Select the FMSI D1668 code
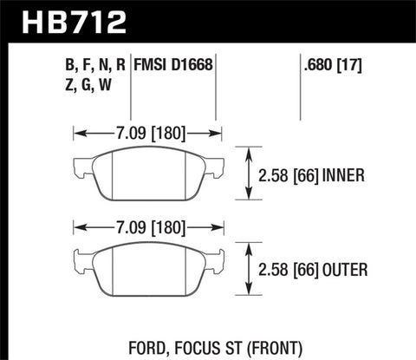[x=173, y=64]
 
